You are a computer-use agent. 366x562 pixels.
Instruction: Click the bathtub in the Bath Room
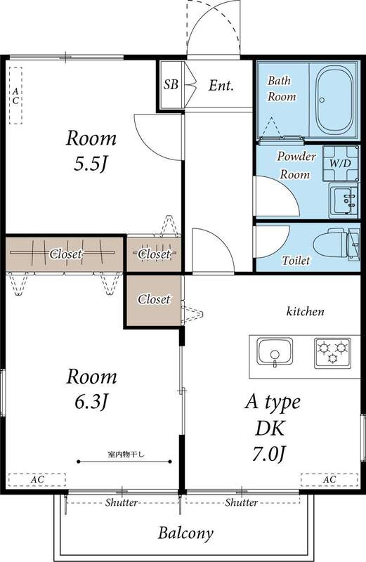point(334,100)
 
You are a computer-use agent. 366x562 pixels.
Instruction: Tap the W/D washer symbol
point(340,163)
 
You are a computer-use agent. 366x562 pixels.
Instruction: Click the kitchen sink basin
point(275,352)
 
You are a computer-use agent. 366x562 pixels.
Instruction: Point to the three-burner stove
point(333,353)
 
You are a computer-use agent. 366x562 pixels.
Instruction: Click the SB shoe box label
point(171,84)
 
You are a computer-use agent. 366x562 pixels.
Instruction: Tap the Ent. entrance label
point(221,86)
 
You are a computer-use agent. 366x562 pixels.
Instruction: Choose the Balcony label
point(185,533)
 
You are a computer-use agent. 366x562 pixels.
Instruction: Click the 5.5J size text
point(91,164)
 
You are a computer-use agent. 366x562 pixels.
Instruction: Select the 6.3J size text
point(91,402)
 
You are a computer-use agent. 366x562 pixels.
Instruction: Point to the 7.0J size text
point(269,454)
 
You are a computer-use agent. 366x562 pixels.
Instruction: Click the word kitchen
point(305,311)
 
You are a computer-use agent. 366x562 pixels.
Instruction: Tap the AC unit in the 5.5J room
point(15,96)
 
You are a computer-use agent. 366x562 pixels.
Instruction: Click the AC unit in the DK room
point(329,480)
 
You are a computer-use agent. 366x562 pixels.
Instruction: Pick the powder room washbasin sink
point(344,201)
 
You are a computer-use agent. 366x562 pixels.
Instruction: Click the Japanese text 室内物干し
point(126,455)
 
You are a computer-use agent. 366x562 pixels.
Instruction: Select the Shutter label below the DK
point(241,502)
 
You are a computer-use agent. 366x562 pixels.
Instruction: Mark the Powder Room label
point(296,165)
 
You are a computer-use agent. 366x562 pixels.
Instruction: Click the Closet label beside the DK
point(154,299)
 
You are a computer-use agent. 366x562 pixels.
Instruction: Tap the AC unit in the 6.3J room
point(37,480)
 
